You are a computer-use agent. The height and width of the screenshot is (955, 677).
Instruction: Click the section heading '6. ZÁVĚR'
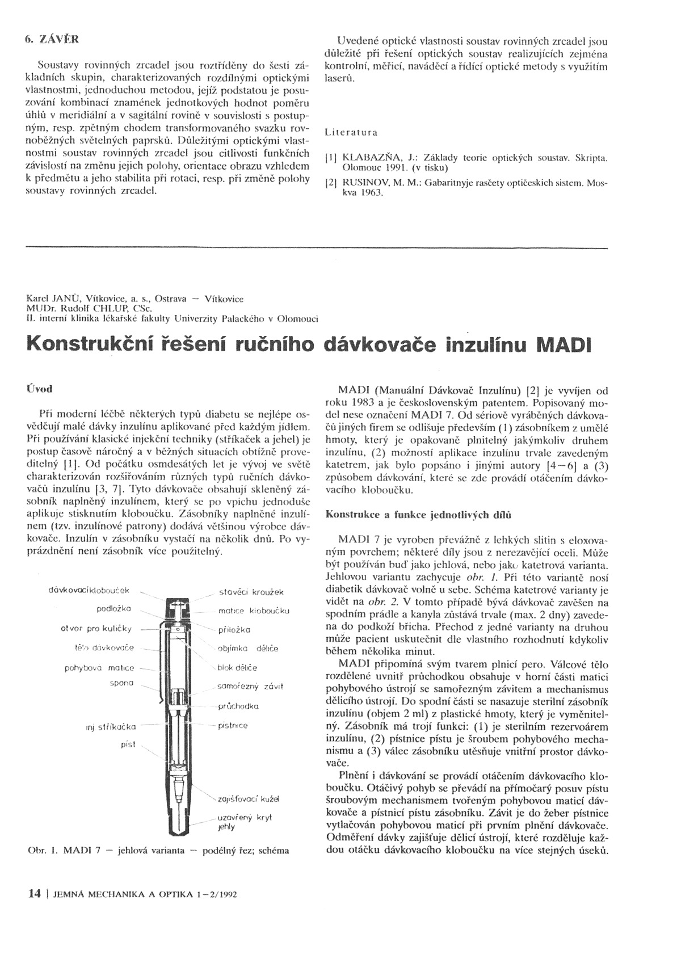pos(52,40)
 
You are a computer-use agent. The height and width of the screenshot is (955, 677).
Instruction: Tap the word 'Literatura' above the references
pos(351,133)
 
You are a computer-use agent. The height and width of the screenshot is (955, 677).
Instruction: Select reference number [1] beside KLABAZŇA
pos(330,159)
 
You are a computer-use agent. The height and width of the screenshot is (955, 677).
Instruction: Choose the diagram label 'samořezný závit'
pos(250,687)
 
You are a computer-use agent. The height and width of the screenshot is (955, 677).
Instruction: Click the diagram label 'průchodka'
pos(239,706)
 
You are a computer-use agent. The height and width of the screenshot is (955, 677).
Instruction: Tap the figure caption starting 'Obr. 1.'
pos(158,851)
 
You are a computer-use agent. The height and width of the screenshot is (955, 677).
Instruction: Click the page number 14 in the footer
pos(34,894)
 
